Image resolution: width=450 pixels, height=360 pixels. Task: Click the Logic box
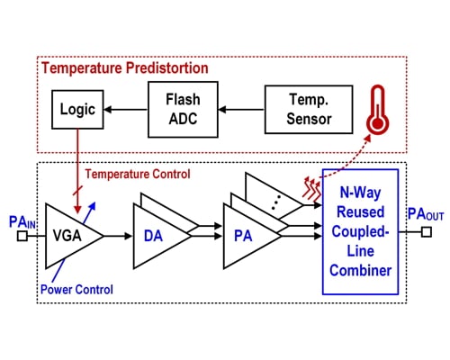(76, 108)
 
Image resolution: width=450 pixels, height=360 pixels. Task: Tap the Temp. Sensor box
(296, 108)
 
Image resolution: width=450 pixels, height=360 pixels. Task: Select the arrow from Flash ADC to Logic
(126, 109)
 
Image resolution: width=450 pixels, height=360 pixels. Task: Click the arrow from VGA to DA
(118, 236)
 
